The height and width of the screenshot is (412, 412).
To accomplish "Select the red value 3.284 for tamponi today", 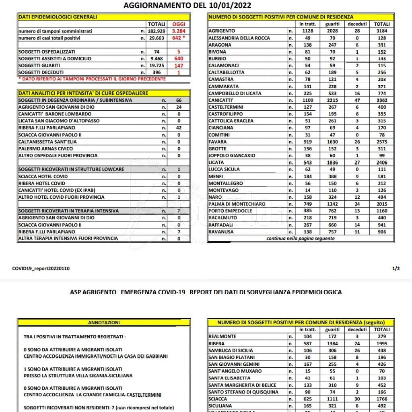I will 178,31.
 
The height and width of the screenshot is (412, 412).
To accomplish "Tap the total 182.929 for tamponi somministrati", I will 157,31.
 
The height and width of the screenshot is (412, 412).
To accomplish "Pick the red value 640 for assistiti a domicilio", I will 178,59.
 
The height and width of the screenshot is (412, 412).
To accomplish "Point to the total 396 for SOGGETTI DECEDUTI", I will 157,72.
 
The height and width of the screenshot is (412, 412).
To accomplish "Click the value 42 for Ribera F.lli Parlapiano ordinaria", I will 179,128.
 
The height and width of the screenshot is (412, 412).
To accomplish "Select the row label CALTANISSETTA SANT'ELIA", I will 47,142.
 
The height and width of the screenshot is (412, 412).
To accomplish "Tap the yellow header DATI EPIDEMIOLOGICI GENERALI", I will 58,17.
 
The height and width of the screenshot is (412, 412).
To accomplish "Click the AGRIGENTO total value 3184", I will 382,31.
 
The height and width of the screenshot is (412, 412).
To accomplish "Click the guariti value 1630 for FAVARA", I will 333,142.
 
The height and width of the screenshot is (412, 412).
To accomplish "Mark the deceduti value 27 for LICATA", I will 357,163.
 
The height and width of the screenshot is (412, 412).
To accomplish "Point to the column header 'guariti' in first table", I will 333,24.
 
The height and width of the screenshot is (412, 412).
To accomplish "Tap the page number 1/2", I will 396,268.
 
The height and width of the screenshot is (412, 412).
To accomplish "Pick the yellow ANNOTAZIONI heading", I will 103,323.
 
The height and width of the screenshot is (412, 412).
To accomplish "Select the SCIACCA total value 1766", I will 382,399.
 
